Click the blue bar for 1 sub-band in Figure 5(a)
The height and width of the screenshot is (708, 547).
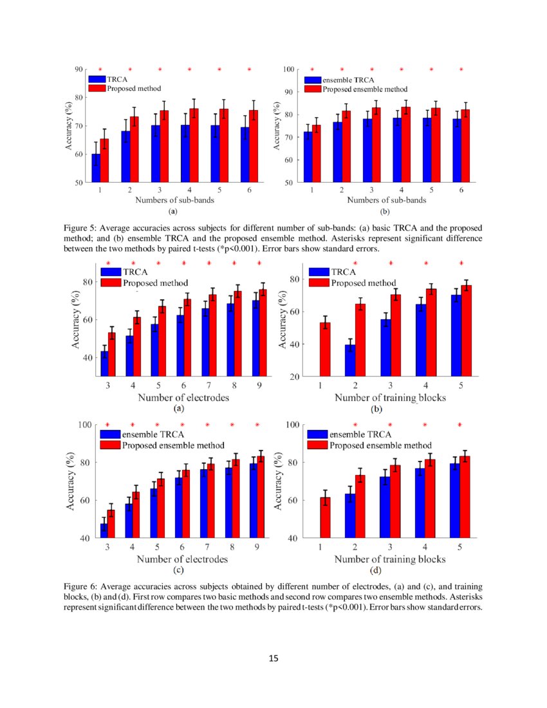[96, 169]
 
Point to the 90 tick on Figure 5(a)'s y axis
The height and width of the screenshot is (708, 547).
[78, 70]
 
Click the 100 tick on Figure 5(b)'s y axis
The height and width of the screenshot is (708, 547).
[289, 70]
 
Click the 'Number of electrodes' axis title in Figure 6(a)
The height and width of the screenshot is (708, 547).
[183, 398]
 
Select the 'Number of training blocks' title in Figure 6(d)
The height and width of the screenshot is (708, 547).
[389, 559]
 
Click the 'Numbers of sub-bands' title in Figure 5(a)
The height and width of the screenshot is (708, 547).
[174, 200]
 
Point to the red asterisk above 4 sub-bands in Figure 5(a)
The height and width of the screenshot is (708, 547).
[190, 70]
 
